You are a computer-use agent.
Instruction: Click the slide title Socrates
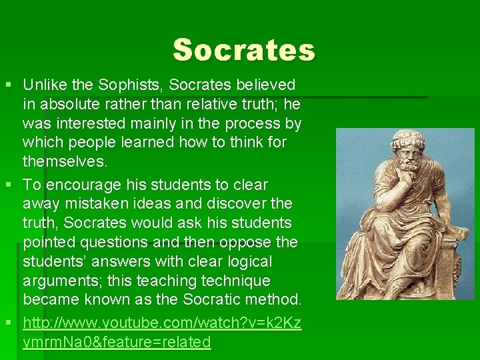[x=243, y=50]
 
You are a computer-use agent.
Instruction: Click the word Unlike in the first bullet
[x=44, y=85]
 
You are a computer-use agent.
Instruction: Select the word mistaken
[x=89, y=203]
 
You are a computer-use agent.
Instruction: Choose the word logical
[x=242, y=261]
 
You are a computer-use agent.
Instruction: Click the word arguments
[x=58, y=280]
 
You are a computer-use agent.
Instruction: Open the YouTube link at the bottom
[x=162, y=323]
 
